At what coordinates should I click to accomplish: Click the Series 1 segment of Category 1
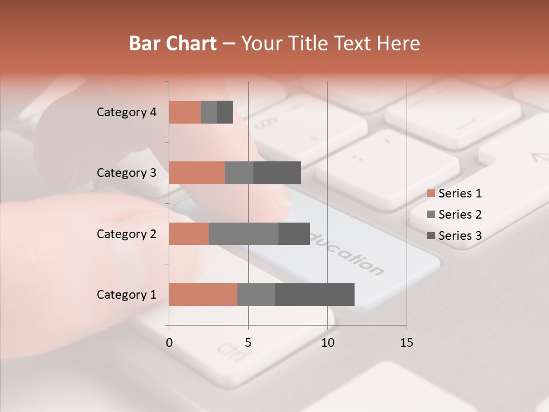point(203,295)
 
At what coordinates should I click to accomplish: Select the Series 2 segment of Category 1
point(256,295)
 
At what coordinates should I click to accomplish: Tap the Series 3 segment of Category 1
point(315,295)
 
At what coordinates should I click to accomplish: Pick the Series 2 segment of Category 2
point(244,233)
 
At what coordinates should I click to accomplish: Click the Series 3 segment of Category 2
point(294,233)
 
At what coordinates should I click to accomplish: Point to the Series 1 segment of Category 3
point(197,173)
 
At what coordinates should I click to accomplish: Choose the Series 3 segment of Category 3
point(277,173)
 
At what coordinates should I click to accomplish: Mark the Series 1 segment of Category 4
point(185,112)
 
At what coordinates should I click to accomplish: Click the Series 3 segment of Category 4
point(225,112)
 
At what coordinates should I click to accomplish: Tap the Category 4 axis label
point(126,112)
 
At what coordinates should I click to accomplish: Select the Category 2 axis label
point(126,233)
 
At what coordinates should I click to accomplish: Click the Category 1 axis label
point(126,295)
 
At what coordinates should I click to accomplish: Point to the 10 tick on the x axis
point(327,343)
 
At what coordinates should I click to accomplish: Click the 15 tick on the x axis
point(406,343)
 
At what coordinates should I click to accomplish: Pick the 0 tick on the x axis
point(169,343)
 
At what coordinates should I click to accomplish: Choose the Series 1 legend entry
point(455,193)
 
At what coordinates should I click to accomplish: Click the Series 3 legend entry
point(455,236)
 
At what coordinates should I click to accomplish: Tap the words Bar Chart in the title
point(173,43)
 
